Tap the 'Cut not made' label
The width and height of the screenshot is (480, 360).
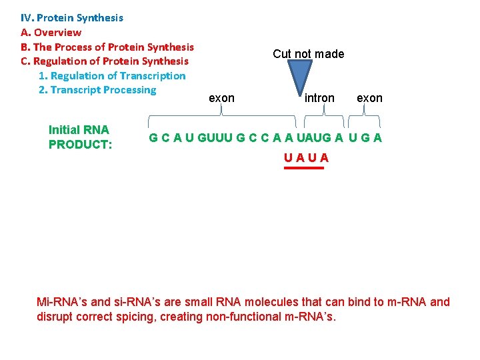(x=309, y=54)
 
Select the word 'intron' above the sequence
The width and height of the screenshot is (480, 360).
(x=319, y=98)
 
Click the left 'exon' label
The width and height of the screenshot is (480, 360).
(x=221, y=98)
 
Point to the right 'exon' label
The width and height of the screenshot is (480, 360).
(x=369, y=98)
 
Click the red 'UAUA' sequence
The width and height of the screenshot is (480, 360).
(x=306, y=158)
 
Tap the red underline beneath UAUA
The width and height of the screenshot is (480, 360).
(x=304, y=168)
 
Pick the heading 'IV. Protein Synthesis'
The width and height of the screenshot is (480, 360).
(x=72, y=18)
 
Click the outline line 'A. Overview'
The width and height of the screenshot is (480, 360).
(x=51, y=33)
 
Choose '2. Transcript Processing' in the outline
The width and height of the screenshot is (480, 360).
(x=97, y=90)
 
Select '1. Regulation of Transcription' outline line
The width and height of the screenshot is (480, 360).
(x=112, y=76)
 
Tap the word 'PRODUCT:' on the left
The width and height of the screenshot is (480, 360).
(x=80, y=144)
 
